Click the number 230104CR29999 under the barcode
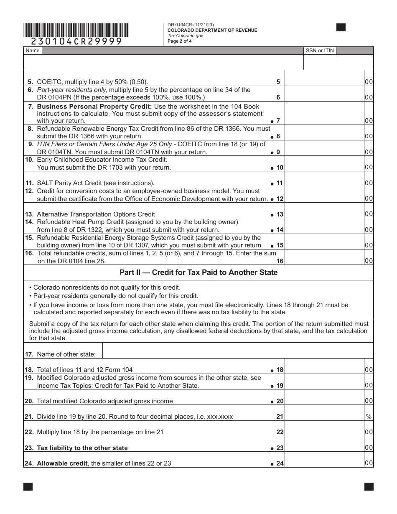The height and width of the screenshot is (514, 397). click(x=76, y=41)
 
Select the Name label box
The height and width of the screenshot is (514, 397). click(x=33, y=51)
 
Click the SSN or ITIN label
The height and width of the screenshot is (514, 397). click(x=320, y=51)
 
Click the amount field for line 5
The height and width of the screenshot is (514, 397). click(x=324, y=82)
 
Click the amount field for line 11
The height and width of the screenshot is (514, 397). click(x=324, y=183)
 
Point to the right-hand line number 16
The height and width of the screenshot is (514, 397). click(x=280, y=261)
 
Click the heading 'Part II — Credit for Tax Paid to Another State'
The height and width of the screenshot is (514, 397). click(x=198, y=272)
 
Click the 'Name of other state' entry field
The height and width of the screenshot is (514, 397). click(x=237, y=351)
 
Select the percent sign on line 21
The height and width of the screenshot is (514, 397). click(x=369, y=417)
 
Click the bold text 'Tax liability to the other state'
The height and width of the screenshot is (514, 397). click(x=82, y=448)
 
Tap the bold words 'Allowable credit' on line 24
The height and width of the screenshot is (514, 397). click(x=62, y=463)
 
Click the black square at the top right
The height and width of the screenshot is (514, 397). click(x=341, y=28)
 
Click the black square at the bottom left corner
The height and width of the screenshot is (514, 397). click(x=28, y=486)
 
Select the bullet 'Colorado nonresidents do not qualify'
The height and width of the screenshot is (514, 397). click(x=107, y=288)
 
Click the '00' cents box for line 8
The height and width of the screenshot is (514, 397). click(x=369, y=136)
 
